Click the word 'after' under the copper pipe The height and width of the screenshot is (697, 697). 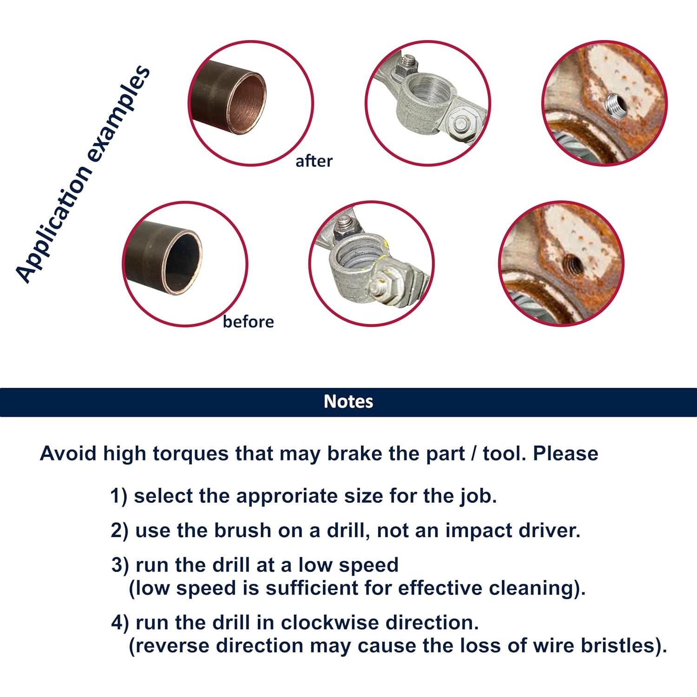tap(314, 161)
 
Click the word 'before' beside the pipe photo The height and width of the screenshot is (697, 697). tap(248, 321)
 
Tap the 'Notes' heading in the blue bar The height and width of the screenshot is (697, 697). tap(348, 401)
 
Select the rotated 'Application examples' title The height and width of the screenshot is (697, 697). tap(83, 174)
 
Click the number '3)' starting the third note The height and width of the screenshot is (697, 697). tap(120, 565)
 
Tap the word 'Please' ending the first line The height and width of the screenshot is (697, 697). tap(565, 454)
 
